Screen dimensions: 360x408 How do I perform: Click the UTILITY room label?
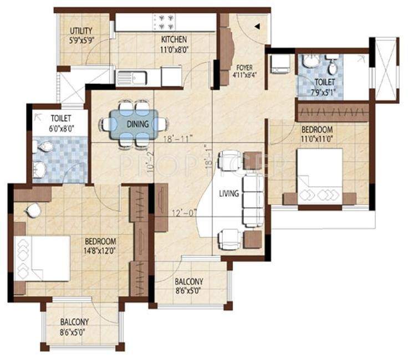81,31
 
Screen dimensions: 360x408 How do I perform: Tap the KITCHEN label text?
174,40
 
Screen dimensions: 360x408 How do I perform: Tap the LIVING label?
228,193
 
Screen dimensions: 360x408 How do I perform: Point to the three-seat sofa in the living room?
253,199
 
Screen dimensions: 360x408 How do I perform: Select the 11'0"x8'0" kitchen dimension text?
174,48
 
